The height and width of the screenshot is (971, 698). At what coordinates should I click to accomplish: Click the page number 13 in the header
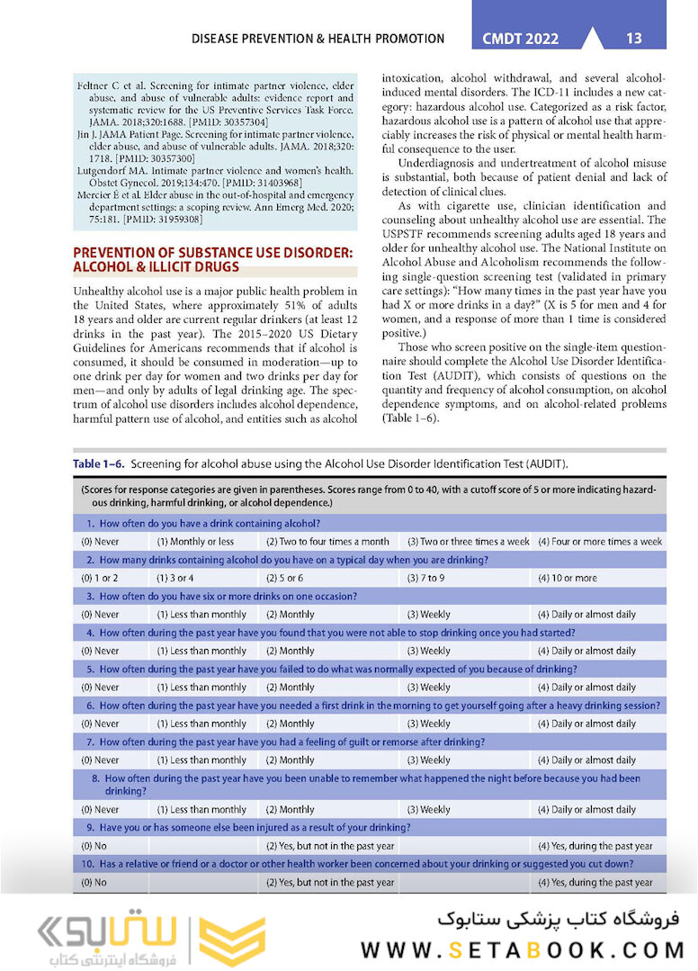(x=633, y=38)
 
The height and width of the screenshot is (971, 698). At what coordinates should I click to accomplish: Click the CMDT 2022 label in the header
(x=520, y=39)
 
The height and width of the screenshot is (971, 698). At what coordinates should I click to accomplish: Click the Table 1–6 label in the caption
(x=98, y=463)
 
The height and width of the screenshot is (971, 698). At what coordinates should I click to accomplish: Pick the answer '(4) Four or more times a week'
(x=600, y=542)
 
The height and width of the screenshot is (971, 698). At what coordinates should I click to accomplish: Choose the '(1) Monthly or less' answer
(x=195, y=542)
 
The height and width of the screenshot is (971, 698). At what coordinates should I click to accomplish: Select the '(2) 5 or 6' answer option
(x=284, y=578)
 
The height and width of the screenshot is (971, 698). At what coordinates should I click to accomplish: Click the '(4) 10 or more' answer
(x=567, y=578)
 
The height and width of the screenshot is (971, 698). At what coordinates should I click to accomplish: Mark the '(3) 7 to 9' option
(x=425, y=578)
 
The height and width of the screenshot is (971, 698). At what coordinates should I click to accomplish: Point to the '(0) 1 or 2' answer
(x=100, y=578)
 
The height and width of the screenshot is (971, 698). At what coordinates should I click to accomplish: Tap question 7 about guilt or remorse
(x=286, y=742)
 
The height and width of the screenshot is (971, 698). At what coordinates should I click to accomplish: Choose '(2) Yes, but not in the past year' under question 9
(x=329, y=846)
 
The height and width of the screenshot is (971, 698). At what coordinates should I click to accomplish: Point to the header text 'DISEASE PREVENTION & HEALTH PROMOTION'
(x=318, y=39)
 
